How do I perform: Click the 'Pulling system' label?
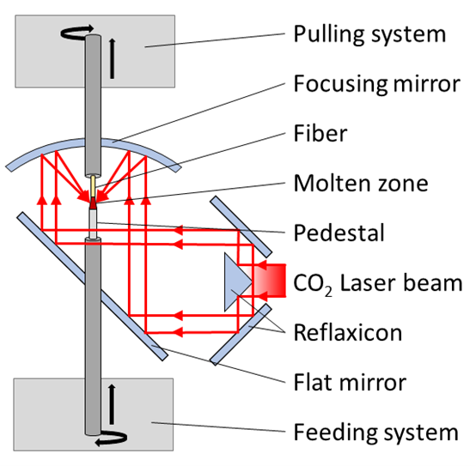pos(369,35)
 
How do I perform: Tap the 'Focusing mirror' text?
pos(376,83)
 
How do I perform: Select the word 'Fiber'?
pos(320,133)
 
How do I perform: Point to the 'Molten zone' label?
pos(361,183)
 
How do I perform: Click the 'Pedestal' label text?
pos(339,233)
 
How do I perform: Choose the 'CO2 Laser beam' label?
pos(378,284)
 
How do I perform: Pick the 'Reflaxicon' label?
pos(348,333)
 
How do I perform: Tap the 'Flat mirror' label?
pos(350,382)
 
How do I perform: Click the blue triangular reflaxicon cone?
pos(235,282)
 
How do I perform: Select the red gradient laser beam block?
pos(270,280)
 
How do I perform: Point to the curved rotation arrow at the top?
pos(76,32)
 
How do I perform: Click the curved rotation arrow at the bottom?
pos(111,439)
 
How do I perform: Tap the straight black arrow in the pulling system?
pos(113,58)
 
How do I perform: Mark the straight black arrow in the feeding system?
pos(112,404)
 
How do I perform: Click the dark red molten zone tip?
pos(93,203)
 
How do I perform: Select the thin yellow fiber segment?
pos(93,186)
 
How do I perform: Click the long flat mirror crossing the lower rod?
pos(92,287)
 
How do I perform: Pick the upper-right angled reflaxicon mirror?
pos(241,227)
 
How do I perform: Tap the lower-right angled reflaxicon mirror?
pos(241,335)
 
